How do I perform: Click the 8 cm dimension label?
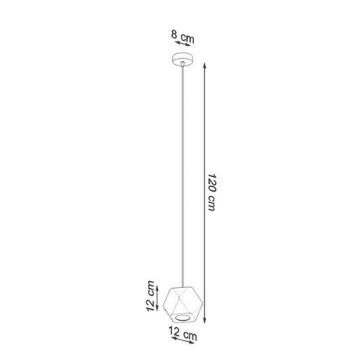click(x=182, y=36)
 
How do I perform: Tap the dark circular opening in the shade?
click(x=181, y=316)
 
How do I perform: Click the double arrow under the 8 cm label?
click(x=182, y=46)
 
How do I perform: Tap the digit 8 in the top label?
click(x=175, y=36)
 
